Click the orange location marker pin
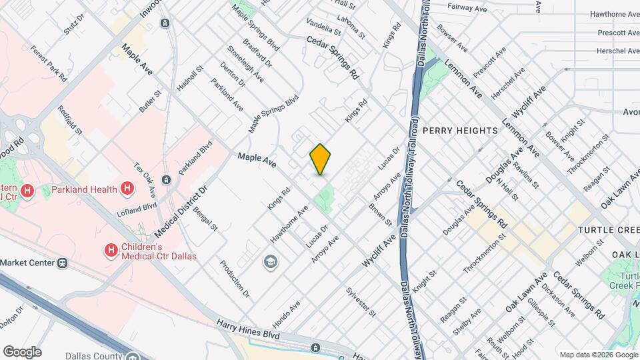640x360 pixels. pyautogui.click(x=320, y=159)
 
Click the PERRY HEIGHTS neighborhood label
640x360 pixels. pyautogui.click(x=460, y=131)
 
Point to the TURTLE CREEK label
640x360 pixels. pyautogui.click(x=608, y=229)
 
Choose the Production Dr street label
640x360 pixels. pyautogui.click(x=234, y=279)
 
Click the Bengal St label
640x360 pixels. pyautogui.click(x=205, y=219)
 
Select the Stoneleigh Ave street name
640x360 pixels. pyautogui.click(x=245, y=64)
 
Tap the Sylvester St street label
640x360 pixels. pyautogui.click(x=362, y=302)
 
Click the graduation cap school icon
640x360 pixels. pyautogui.click(x=270, y=261)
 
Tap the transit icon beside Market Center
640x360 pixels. pyautogui.click(x=62, y=263)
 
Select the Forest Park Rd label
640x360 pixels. pyautogui.click(x=54, y=65)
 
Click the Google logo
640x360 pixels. pyautogui.click(x=22, y=351)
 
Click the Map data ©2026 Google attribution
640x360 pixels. pyautogui.click(x=598, y=355)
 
